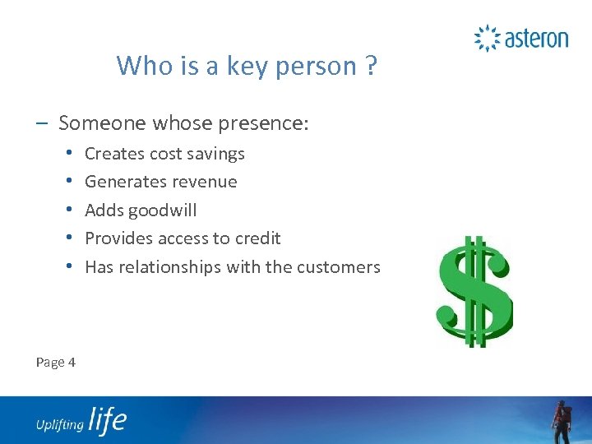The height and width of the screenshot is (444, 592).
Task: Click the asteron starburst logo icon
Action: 488,39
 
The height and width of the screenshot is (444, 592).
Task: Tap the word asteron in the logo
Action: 535,39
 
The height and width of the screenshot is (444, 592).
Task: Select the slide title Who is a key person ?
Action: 247,65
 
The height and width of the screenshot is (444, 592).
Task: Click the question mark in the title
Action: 371,65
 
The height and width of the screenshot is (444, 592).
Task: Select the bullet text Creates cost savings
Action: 164,154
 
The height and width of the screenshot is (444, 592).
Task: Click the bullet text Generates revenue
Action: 160,182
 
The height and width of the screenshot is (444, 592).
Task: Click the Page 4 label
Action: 56,362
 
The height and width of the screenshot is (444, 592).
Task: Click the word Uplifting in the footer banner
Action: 59,424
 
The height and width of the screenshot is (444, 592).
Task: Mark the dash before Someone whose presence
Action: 41,123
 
